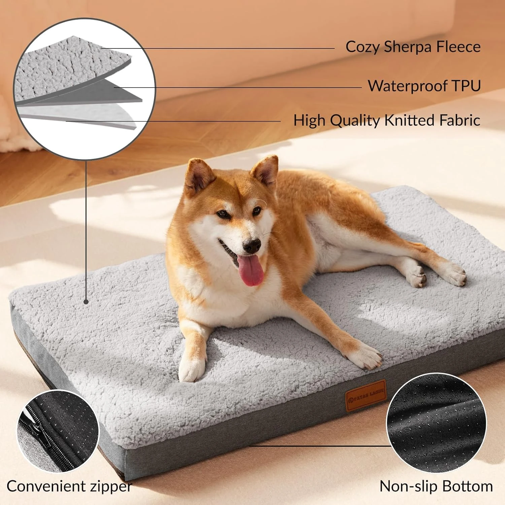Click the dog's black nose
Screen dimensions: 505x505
[252, 246]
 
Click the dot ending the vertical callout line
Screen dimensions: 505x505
[86, 302]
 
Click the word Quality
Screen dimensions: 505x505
[355, 121]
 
